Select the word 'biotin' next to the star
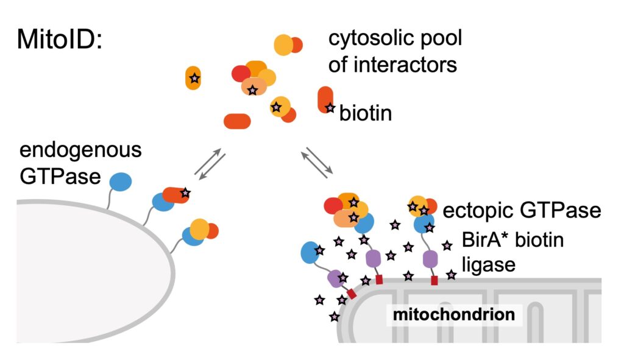pyautogui.click(x=366, y=113)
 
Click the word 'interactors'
pyautogui.click(x=392, y=64)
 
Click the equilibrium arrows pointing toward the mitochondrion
pyautogui.click(x=316, y=162)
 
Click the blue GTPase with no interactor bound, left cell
pyautogui.click(x=120, y=181)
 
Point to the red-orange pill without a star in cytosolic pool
pyautogui.click(x=238, y=121)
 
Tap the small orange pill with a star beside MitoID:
pyautogui.click(x=193, y=78)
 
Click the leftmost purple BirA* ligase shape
pyautogui.click(x=335, y=278)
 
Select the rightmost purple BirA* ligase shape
pyautogui.click(x=431, y=258)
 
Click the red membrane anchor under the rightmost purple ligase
pyautogui.click(x=434, y=281)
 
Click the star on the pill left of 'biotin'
pyautogui.click(x=330, y=108)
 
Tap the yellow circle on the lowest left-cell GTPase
pyautogui.click(x=200, y=229)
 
